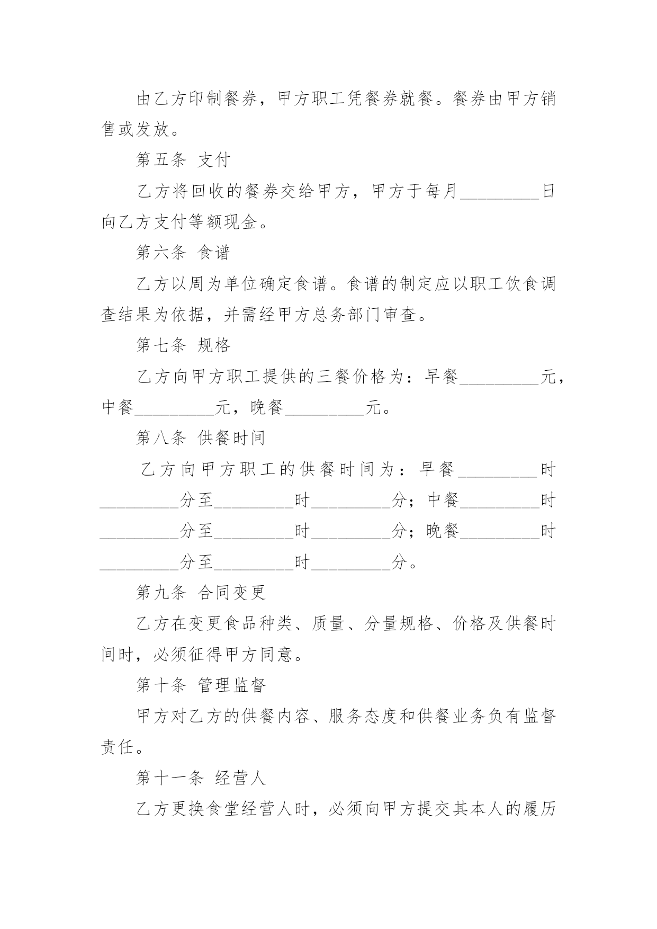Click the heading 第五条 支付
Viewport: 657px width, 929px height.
(x=183, y=160)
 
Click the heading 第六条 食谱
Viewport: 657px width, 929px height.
(x=183, y=253)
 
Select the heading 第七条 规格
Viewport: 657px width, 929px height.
(x=183, y=345)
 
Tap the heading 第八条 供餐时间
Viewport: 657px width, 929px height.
(x=201, y=438)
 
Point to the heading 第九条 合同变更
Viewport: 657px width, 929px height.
(x=201, y=593)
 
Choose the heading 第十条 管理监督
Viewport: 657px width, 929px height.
(x=201, y=685)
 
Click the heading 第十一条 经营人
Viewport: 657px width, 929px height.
(x=201, y=778)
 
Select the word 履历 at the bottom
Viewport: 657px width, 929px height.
(x=539, y=809)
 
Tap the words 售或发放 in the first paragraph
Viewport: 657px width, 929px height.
(x=136, y=129)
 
